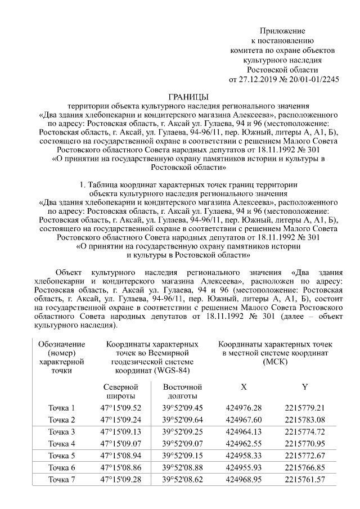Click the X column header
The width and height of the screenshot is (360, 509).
[243, 387]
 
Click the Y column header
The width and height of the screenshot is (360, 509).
[304, 387]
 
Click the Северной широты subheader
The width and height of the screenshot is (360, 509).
[121, 391]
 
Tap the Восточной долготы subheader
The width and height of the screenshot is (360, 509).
[182, 391]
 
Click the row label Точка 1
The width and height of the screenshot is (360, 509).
[62, 407]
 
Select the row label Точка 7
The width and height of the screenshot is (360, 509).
[62, 480]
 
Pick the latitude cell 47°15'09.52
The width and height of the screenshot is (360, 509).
[121, 407]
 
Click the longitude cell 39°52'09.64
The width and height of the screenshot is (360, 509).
[182, 420]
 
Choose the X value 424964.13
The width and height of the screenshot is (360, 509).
[244, 431]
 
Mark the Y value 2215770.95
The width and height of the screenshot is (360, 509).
[305, 444]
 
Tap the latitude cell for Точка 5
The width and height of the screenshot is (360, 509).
[121, 456]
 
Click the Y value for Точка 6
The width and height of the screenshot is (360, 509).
[305, 467]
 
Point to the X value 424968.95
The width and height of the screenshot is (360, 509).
[244, 480]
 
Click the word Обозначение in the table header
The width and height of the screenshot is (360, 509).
[62, 344]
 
